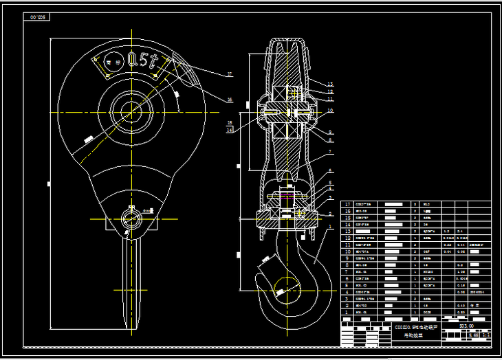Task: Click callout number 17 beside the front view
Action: click(x=230, y=74)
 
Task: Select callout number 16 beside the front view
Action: click(x=230, y=100)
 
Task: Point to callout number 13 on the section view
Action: click(x=330, y=84)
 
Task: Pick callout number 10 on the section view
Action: click(x=330, y=110)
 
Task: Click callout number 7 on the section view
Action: click(x=330, y=152)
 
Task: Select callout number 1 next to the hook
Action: click(x=330, y=227)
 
